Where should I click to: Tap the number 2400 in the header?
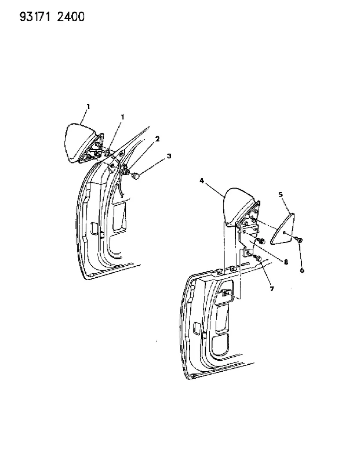tap(71, 17)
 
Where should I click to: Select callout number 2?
tap(157, 139)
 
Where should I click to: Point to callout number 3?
tap(169, 155)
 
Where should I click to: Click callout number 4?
tap(202, 180)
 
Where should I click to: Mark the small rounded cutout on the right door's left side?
tap(196, 327)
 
